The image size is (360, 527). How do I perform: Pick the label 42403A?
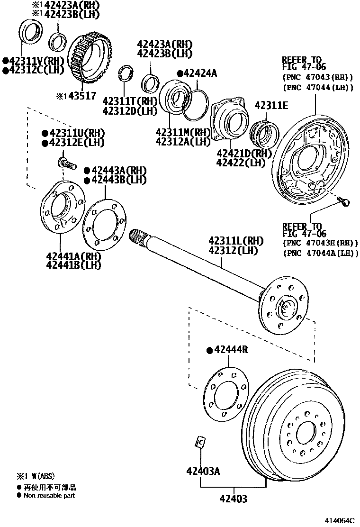pyautogui.click(x=203, y=471)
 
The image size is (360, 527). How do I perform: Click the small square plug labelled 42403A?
pyautogui.click(x=200, y=442)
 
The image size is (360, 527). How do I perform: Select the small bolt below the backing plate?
pyautogui.click(x=345, y=202)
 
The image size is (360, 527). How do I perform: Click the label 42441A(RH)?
pyautogui.click(x=74, y=256)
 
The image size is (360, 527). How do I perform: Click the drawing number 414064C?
pyautogui.click(x=340, y=520)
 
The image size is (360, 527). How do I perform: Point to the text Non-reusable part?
pyautogui.click(x=49, y=495)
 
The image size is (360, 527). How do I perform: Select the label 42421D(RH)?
pyautogui.click(x=244, y=153)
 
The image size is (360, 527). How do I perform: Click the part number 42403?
pyautogui.click(x=233, y=499)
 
